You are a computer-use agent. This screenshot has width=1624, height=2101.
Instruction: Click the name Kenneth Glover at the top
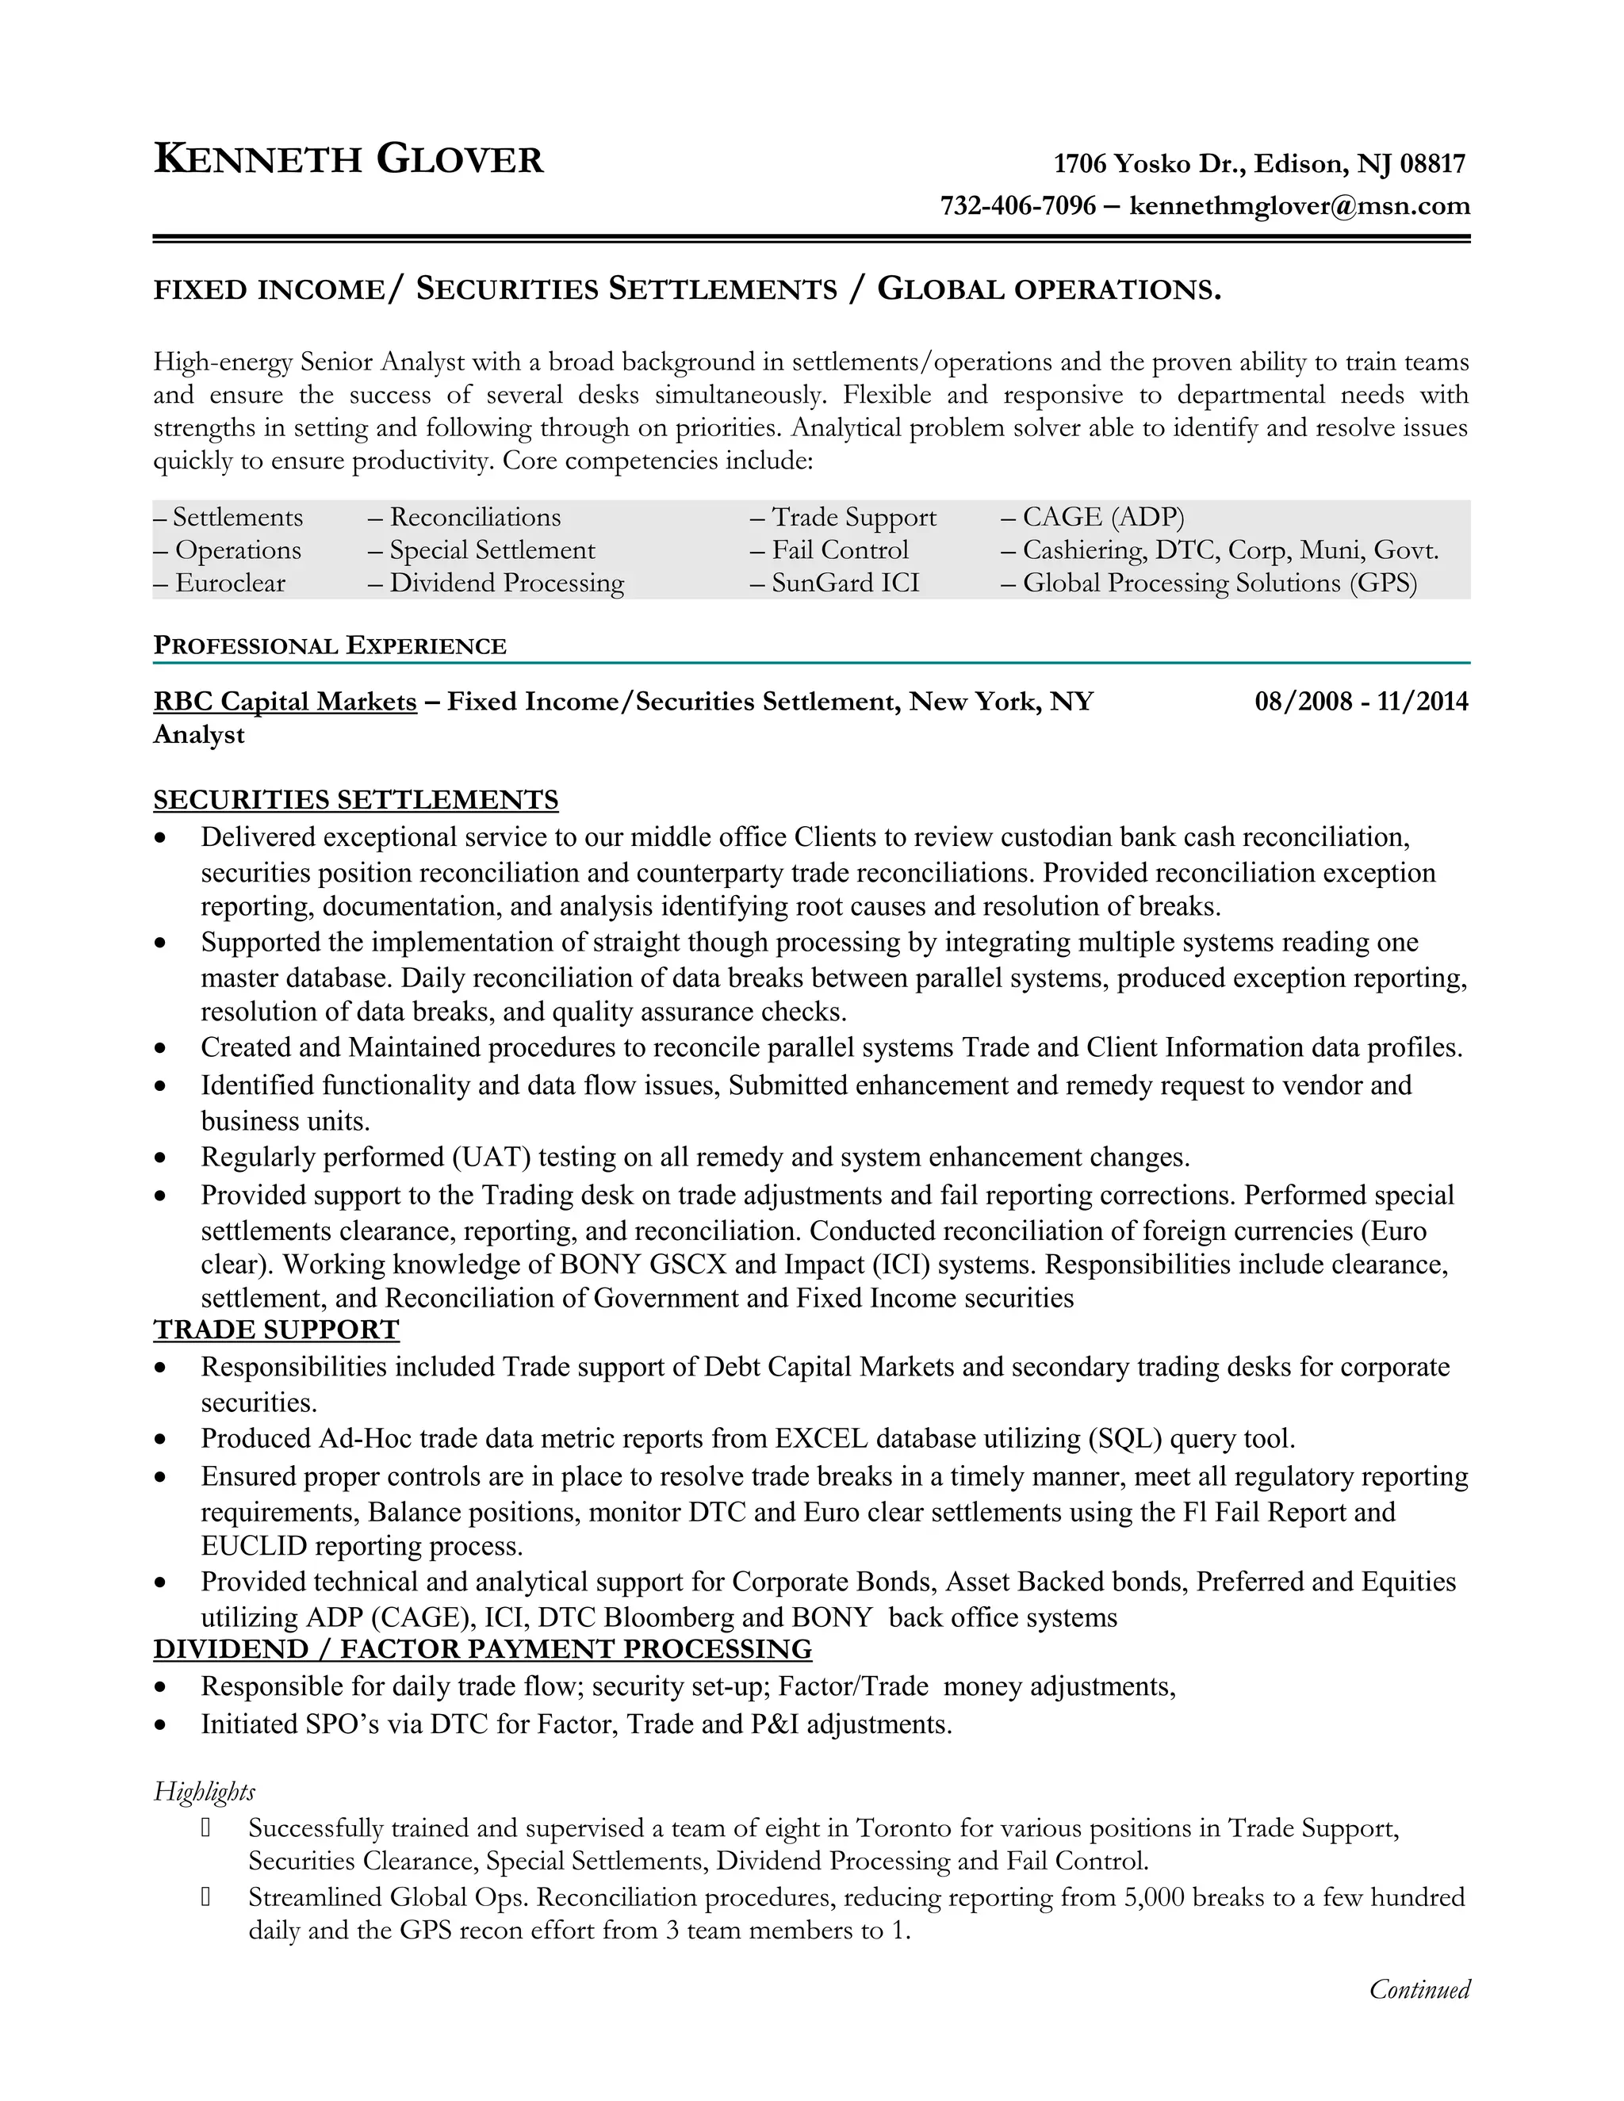pos(348,159)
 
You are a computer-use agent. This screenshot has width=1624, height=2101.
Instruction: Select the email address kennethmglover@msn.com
pos(1299,206)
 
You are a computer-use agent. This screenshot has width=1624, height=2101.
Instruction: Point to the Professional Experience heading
pos(330,645)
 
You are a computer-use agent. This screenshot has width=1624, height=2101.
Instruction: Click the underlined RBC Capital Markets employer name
pos(285,702)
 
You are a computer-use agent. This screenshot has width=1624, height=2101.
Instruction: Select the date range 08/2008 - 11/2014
pos(1361,702)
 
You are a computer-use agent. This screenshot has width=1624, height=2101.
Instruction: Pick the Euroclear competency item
pos(230,583)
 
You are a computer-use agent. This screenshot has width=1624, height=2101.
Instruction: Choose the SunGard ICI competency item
pos(845,583)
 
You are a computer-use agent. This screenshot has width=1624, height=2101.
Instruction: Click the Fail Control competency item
pos(839,550)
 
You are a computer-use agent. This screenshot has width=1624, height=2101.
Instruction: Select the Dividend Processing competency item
pos(506,583)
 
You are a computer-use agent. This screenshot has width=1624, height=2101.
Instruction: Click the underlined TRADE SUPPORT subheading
pos(276,1330)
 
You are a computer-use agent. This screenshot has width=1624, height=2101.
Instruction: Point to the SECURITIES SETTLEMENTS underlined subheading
pos(356,801)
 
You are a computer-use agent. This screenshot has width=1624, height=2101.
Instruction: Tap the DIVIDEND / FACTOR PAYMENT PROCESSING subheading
pos(482,1649)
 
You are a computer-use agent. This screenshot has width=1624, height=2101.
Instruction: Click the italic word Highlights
pos(204,1791)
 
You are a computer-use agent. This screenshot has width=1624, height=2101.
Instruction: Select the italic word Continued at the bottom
pos(1419,1989)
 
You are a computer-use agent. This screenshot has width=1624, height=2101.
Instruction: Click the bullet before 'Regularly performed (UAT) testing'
pos(161,1158)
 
